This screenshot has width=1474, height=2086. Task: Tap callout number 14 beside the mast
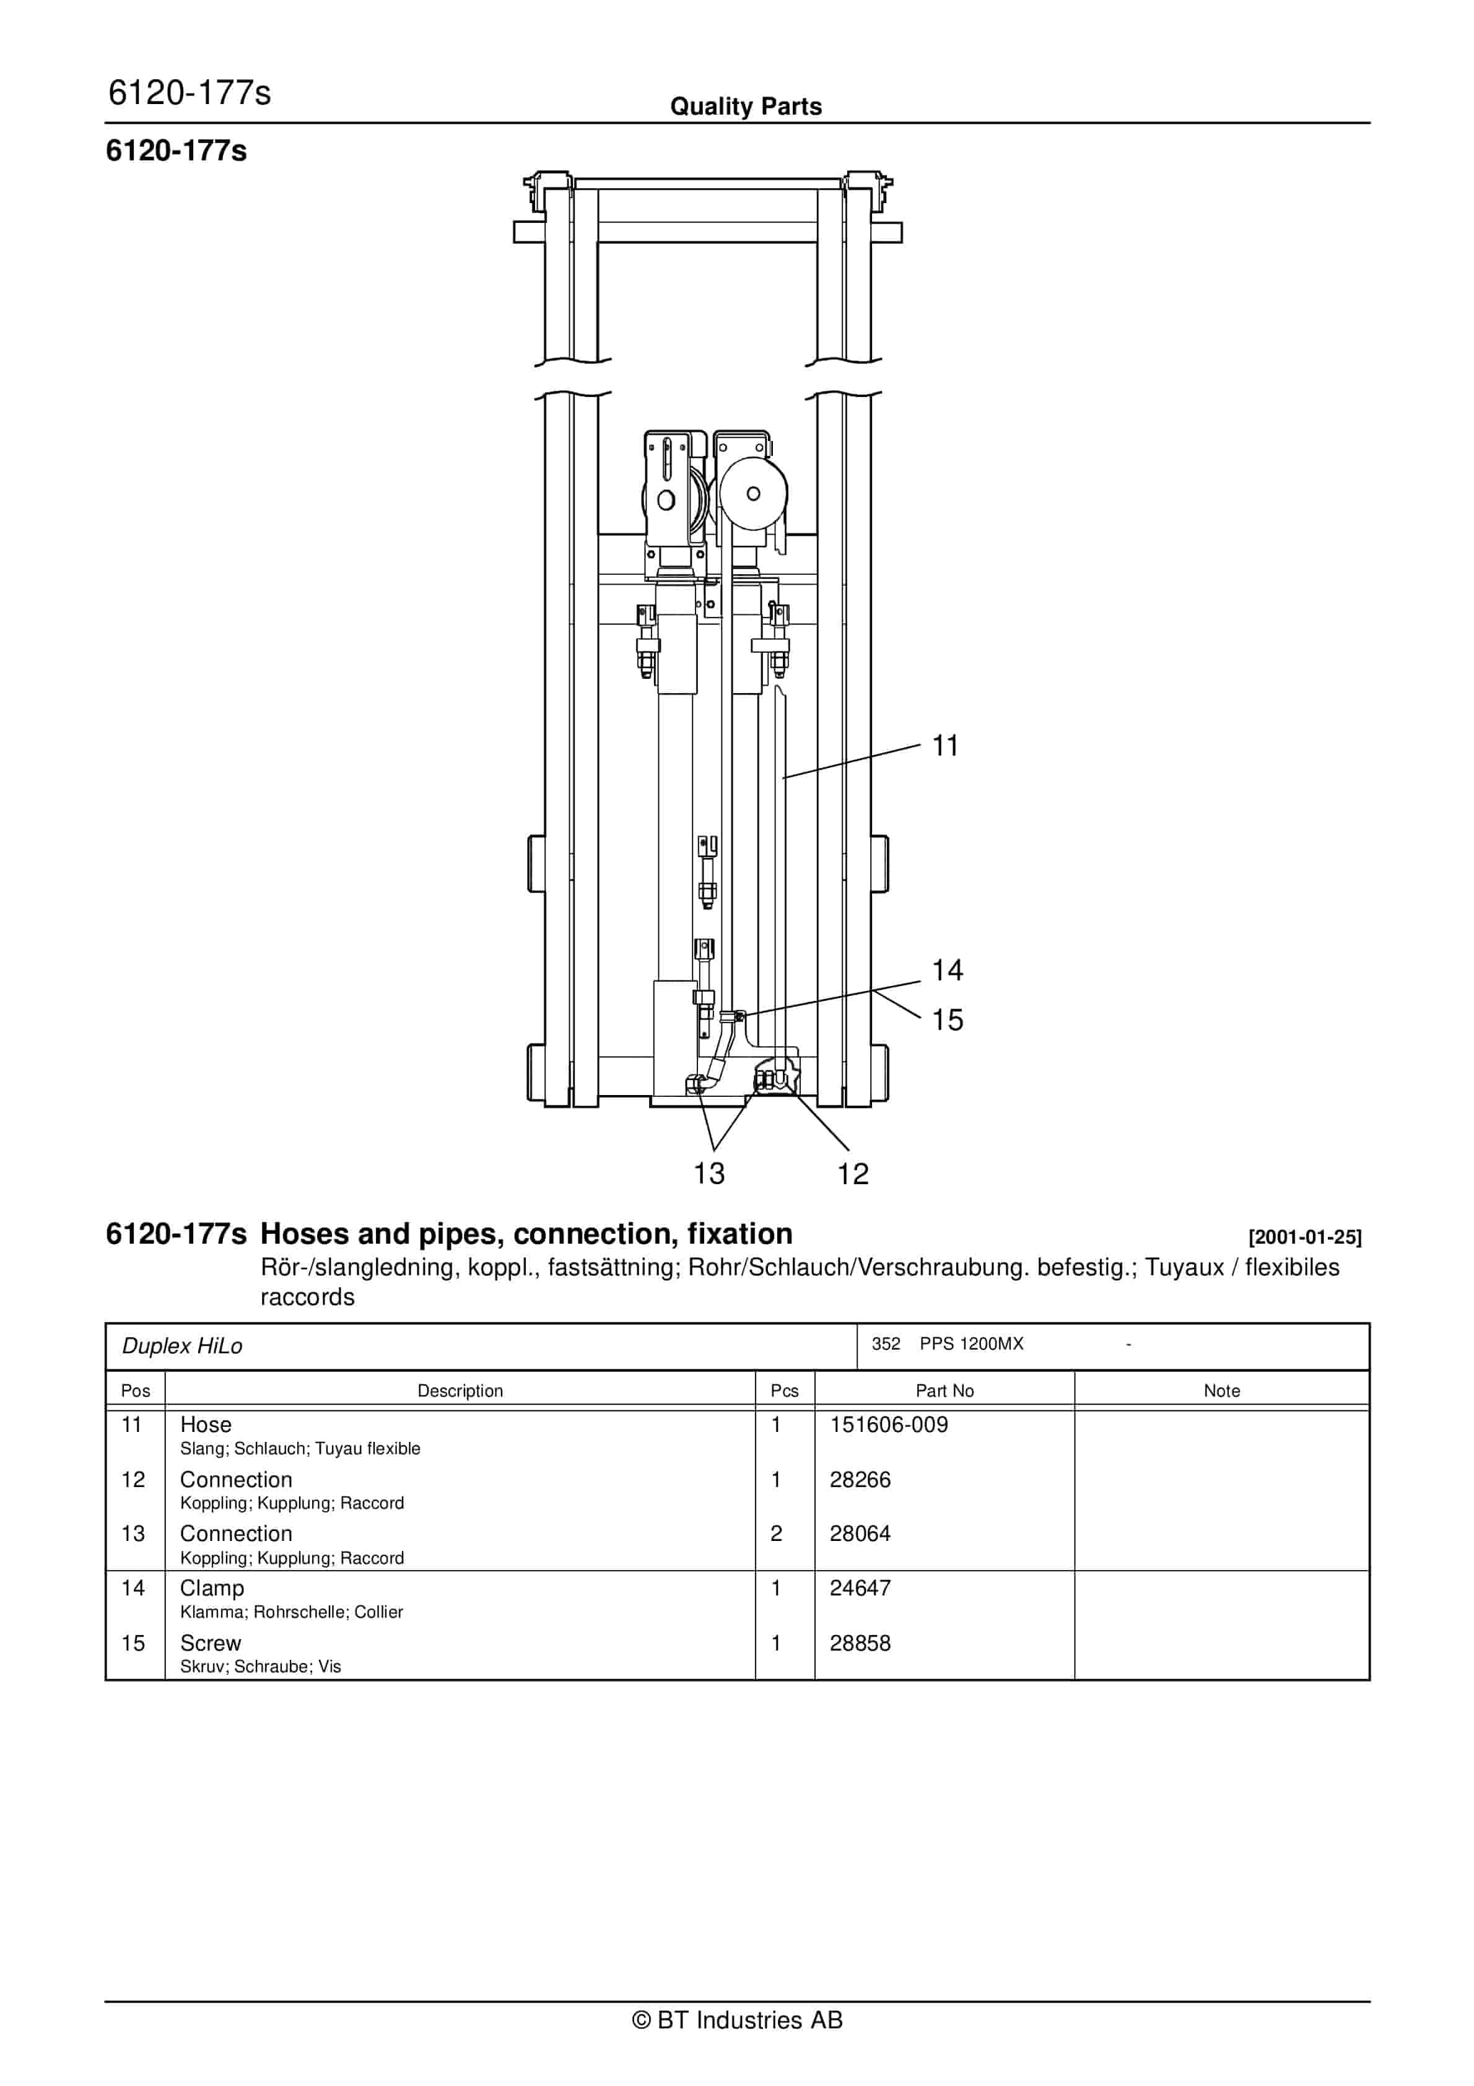(x=947, y=971)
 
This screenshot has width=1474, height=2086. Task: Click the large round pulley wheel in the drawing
(x=752, y=494)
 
